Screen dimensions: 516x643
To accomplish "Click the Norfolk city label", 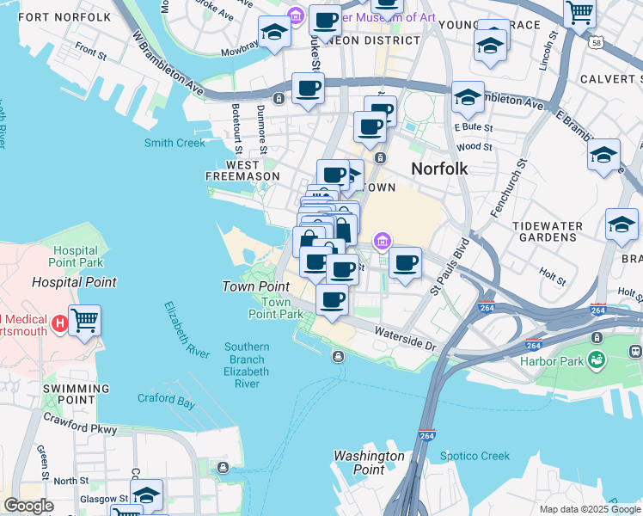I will (x=439, y=169).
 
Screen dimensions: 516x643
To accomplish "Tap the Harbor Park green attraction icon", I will (x=596, y=359).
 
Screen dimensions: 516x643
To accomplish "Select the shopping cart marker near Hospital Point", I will (x=84, y=321).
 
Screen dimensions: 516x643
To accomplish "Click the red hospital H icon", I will (x=59, y=323).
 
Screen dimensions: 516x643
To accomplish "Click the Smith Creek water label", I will (x=175, y=143).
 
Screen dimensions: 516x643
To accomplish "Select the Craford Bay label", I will (x=166, y=398).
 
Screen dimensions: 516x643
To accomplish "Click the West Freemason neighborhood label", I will (x=243, y=170).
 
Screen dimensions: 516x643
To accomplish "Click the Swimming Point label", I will (x=76, y=395).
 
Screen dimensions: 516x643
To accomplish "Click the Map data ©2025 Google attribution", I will (x=590, y=509).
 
